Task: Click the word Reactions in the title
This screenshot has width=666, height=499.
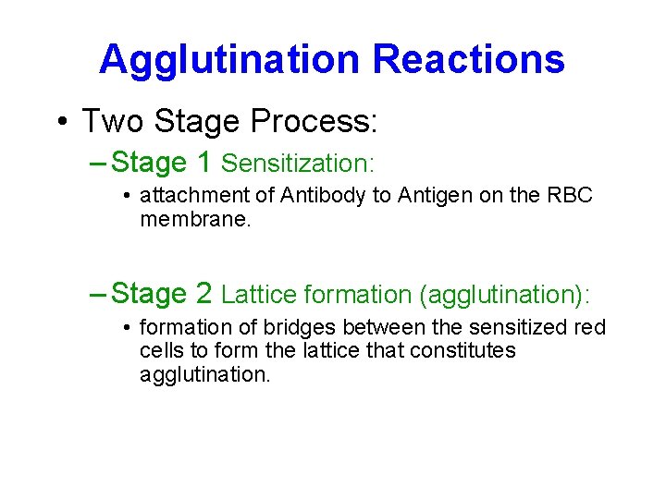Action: coord(468,59)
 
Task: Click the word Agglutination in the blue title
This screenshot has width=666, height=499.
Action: coord(230,59)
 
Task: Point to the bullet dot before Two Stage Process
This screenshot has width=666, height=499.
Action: coord(62,122)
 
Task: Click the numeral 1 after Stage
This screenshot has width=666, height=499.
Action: coord(204,163)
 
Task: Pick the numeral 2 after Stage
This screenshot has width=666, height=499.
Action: coord(204,294)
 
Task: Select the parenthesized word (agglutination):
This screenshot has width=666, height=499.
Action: coord(503,295)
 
